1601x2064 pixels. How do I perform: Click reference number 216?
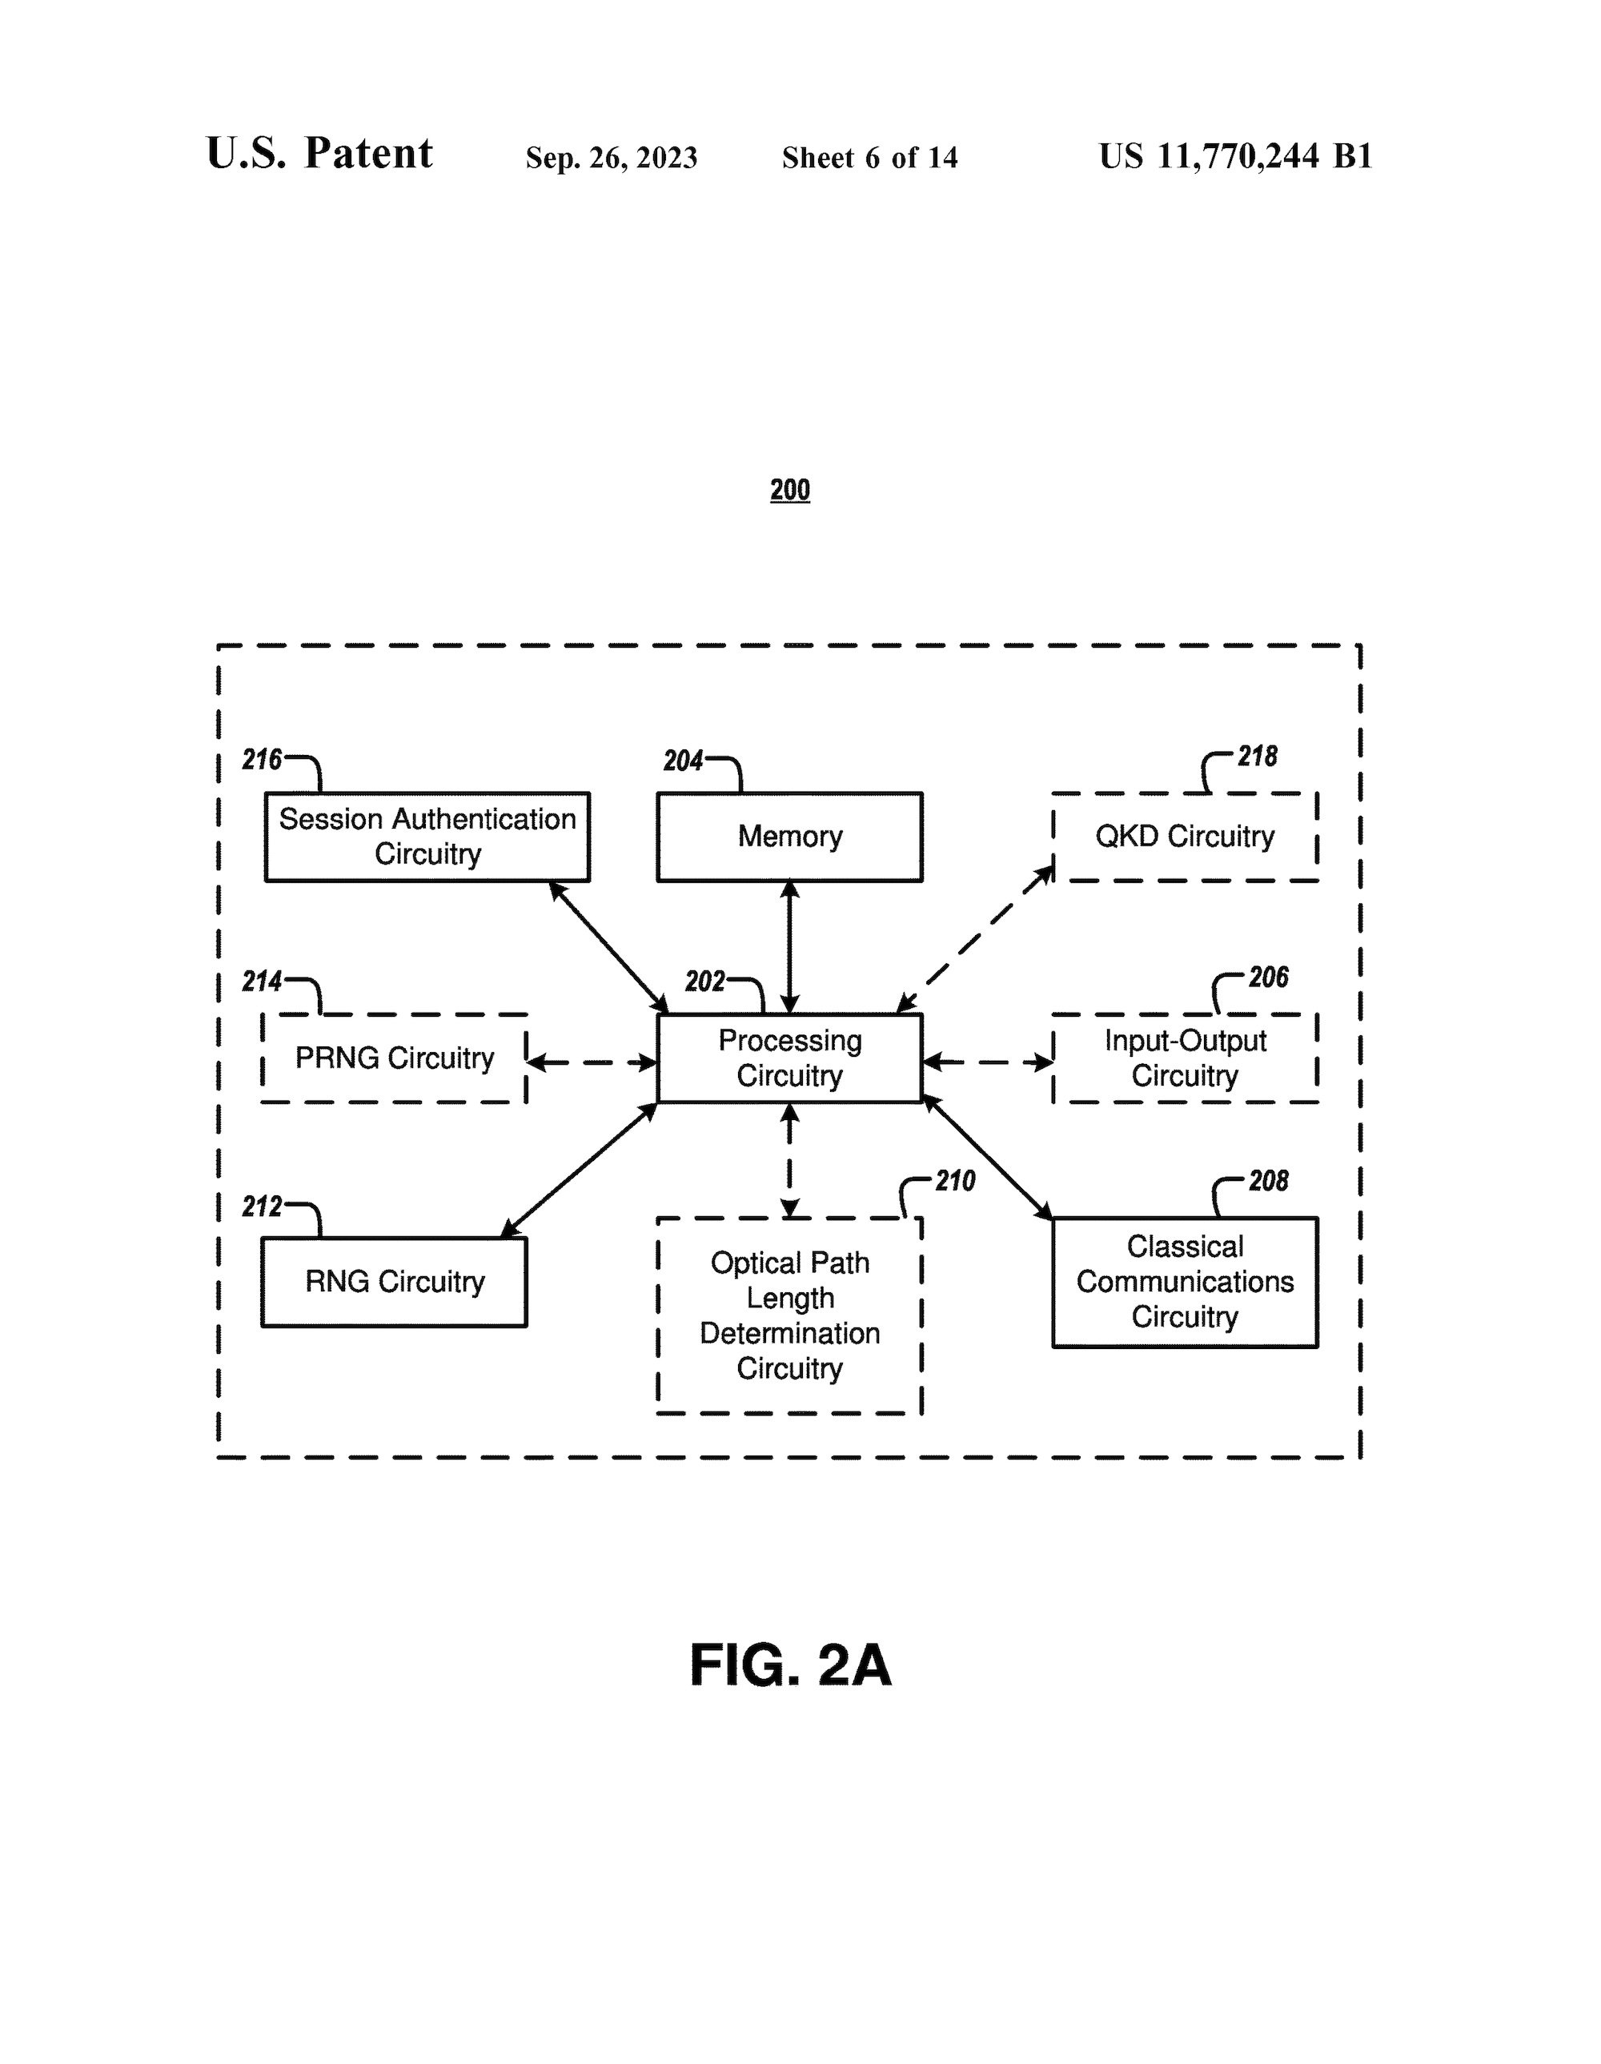pyautogui.click(x=262, y=759)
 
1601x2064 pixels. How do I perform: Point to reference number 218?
pyautogui.click(x=1257, y=756)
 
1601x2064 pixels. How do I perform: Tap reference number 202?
pyautogui.click(x=705, y=981)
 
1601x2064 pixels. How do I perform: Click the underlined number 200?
pyautogui.click(x=790, y=489)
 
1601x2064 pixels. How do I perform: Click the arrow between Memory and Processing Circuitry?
pyautogui.click(x=789, y=947)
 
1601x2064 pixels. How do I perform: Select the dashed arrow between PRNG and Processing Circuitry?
pyautogui.click(x=592, y=1062)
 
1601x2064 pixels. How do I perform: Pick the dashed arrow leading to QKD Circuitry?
pyautogui.click(x=975, y=938)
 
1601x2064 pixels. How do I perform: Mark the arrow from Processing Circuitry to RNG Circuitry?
pyautogui.click(x=579, y=1170)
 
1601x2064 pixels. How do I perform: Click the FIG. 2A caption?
pyautogui.click(x=790, y=1664)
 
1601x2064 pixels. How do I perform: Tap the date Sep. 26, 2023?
pyautogui.click(x=612, y=157)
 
